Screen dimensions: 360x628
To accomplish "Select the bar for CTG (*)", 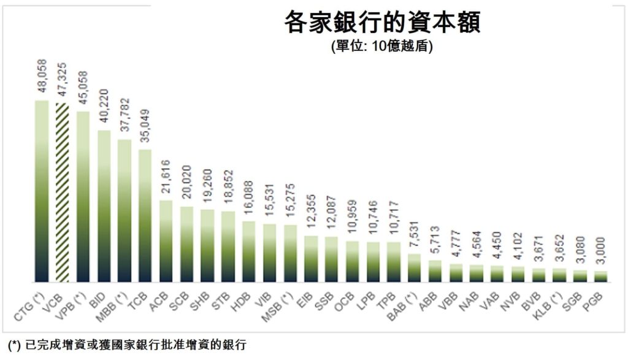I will [x=42, y=191].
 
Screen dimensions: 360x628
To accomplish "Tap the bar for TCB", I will [x=145, y=215].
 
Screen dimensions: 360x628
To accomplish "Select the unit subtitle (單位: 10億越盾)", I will [x=381, y=47].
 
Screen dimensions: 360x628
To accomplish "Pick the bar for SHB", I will [x=207, y=245].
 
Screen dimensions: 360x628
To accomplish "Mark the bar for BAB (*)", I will [x=415, y=267].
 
